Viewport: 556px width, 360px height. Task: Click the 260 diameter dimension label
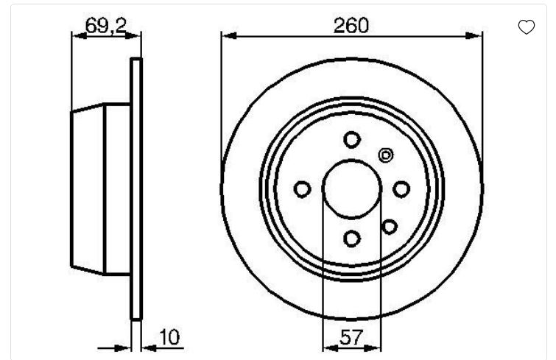point(351,26)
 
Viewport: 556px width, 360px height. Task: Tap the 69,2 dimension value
point(105,26)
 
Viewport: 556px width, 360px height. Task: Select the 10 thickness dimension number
point(169,337)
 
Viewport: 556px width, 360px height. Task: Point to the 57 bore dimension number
point(351,337)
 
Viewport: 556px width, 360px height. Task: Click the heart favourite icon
point(527,27)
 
